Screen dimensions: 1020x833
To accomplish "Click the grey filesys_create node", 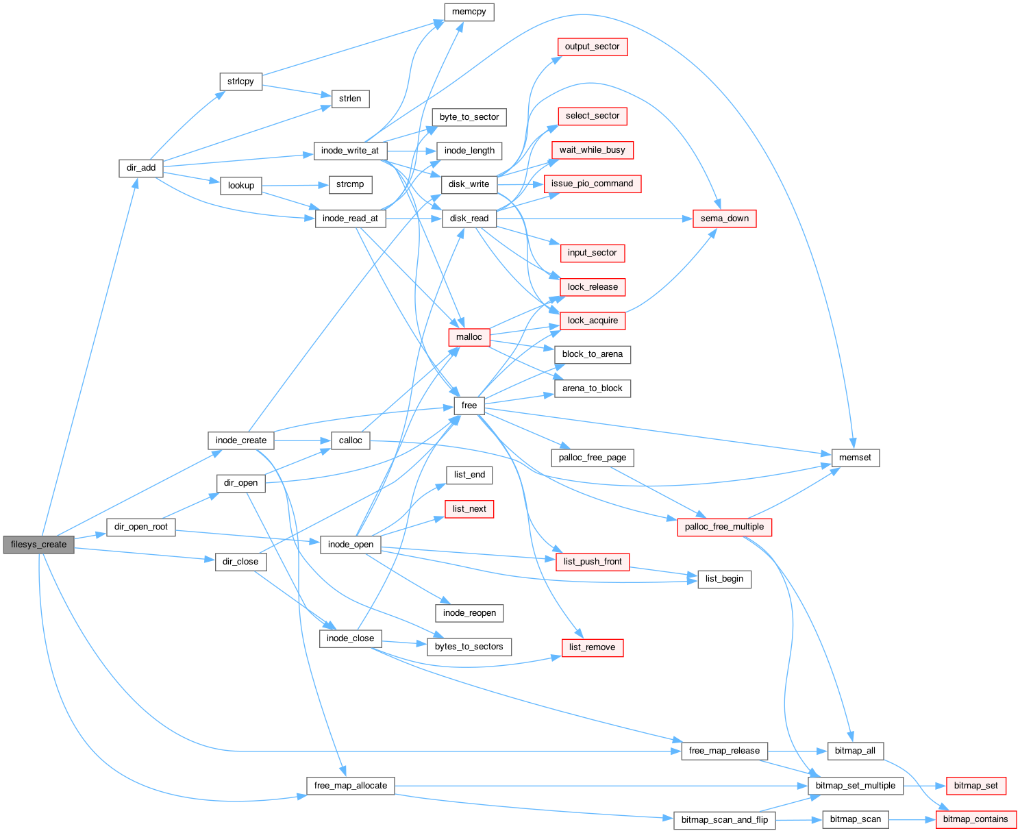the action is pyautogui.click(x=38, y=545).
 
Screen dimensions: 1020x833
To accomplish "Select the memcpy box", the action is pyautogui.click(x=469, y=12).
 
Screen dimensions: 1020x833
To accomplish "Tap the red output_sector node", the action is pyautogui.click(x=592, y=47).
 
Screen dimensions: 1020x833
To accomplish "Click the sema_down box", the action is pyautogui.click(x=724, y=219).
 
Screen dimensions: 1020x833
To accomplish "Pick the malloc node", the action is pyautogui.click(x=469, y=337).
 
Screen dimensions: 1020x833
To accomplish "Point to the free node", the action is pyautogui.click(x=469, y=406).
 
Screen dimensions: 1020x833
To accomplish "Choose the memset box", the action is pyautogui.click(x=855, y=458).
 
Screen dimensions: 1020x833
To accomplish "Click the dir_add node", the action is pyautogui.click(x=140, y=169).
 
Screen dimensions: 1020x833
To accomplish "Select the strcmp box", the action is pyautogui.click(x=350, y=185).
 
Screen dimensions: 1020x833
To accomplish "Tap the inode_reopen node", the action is pyautogui.click(x=469, y=613).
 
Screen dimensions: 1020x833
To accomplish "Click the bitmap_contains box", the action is pyautogui.click(x=975, y=819).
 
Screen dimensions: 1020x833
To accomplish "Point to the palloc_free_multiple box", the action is pyautogui.click(x=724, y=527).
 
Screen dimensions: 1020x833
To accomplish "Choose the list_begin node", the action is pyautogui.click(x=724, y=579).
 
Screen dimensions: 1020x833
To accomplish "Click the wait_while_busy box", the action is pyautogui.click(x=592, y=150).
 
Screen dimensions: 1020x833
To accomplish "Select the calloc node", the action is pyautogui.click(x=350, y=440).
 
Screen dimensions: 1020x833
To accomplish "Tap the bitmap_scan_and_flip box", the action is pyautogui.click(x=724, y=820).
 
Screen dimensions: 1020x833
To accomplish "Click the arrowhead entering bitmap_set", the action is pyautogui.click(x=941, y=786).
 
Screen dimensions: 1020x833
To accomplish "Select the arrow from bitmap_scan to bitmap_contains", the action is pyautogui.click(x=912, y=820).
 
